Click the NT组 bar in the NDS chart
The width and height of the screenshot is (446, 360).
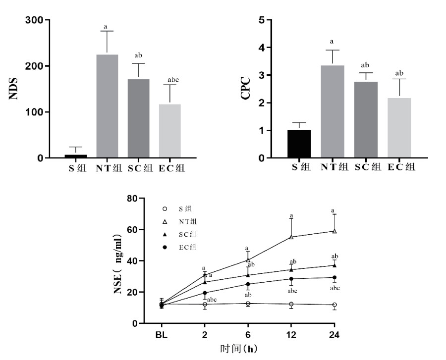(107, 106)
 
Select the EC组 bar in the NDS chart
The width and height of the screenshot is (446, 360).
(170, 131)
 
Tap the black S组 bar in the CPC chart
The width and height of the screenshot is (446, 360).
(299, 144)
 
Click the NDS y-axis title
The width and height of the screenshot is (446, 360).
(14, 90)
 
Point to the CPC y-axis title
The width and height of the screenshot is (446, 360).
(245, 89)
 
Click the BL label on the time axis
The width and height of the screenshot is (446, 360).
(161, 335)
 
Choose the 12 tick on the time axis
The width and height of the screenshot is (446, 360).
(291, 335)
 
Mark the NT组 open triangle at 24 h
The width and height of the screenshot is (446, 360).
(335, 231)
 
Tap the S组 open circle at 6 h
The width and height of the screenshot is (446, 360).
(248, 304)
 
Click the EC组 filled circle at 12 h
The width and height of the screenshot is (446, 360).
(291, 279)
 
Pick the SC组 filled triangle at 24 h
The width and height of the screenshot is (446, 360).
(335, 265)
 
